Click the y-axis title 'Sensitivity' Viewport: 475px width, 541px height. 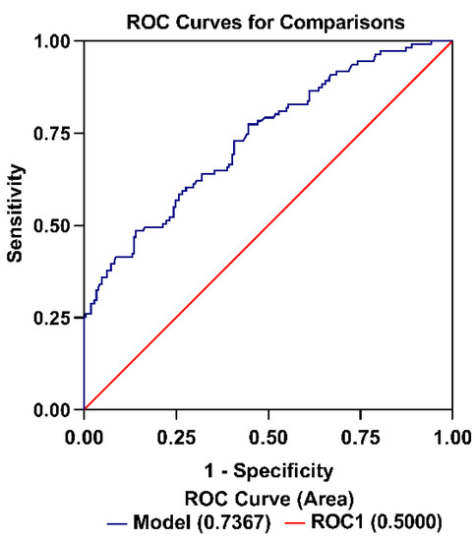click(x=17, y=225)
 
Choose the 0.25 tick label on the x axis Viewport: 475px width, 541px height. click(x=176, y=432)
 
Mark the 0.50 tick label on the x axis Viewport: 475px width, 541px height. click(x=268, y=432)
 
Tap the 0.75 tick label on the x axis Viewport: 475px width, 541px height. click(x=360, y=432)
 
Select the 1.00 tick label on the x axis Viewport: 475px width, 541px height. click(x=451, y=432)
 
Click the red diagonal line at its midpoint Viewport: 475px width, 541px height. click(x=268, y=225)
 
